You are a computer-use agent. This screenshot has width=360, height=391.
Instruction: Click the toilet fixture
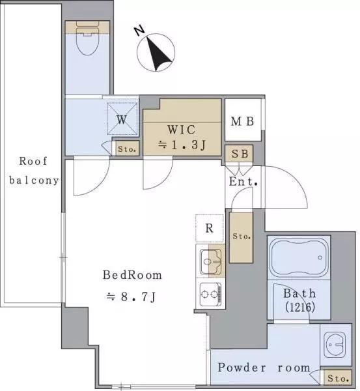87,38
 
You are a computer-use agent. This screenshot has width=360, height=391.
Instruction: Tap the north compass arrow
158,54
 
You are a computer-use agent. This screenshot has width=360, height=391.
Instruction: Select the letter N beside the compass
139,30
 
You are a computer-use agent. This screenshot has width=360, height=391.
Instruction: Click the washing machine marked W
122,119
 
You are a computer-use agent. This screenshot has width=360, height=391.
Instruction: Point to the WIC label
182,130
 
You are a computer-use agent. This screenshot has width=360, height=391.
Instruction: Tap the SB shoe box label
240,154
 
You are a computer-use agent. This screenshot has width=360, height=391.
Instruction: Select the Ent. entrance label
243,181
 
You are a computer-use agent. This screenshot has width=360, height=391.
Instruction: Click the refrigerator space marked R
210,228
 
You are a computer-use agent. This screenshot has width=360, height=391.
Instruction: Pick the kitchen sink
211,261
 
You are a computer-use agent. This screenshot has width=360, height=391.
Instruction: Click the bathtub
299,258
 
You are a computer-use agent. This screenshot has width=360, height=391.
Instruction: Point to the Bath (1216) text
300,300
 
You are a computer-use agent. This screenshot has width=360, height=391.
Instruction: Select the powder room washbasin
335,345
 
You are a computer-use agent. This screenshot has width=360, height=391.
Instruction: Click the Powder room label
264,368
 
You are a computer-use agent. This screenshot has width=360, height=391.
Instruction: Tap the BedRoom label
132,275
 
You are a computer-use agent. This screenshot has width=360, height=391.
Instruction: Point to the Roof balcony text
34,171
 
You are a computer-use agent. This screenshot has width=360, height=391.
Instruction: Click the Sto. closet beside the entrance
242,237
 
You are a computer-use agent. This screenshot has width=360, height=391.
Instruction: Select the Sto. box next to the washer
127,149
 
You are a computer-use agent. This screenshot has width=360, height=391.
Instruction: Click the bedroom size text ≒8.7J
132,297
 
